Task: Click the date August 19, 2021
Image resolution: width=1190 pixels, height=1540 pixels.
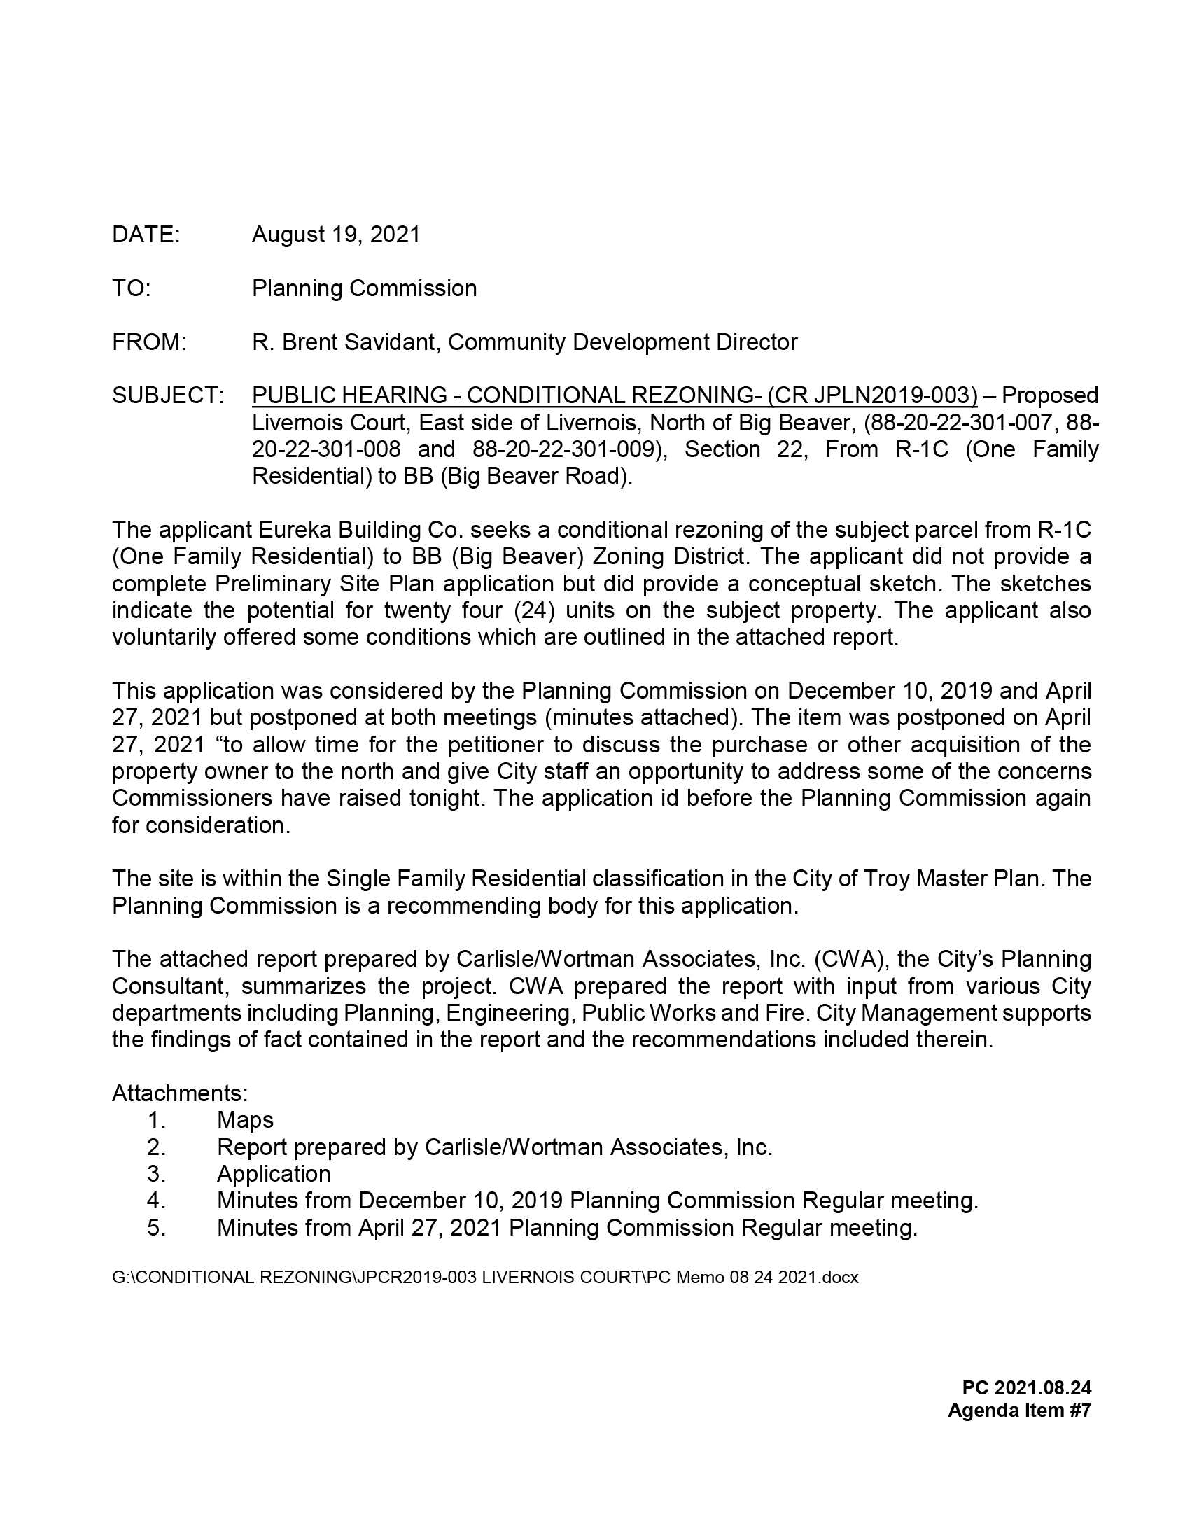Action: [x=335, y=234]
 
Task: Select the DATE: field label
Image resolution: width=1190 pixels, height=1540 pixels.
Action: [x=146, y=234]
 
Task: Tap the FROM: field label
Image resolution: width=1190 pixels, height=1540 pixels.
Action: [x=148, y=342]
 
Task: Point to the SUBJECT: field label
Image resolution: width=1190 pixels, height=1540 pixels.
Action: [x=168, y=395]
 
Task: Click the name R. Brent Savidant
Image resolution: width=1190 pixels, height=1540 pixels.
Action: [x=345, y=342]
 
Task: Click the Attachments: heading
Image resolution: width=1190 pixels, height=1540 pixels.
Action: [x=180, y=1093]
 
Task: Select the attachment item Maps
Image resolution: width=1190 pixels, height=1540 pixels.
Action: [x=245, y=1120]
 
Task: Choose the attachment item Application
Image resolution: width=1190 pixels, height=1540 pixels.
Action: [x=274, y=1173]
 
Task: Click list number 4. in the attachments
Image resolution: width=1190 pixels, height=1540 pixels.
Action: [x=157, y=1200]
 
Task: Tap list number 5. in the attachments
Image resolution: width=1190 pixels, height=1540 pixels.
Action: [x=157, y=1228]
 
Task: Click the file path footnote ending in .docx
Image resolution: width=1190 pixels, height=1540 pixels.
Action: [x=485, y=1277]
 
